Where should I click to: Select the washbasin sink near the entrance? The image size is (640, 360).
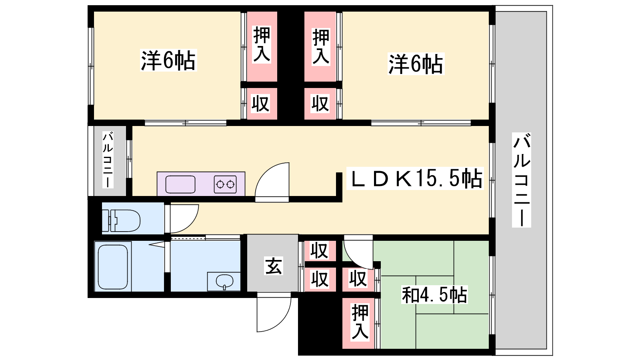tap(224, 282)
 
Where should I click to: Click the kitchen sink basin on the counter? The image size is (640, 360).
tap(180, 184)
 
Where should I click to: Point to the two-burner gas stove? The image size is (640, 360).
tap(225, 184)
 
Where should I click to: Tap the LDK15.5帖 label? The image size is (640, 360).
tap(415, 178)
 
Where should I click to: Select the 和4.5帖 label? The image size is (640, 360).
tap(434, 294)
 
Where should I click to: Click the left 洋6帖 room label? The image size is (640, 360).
tap(168, 60)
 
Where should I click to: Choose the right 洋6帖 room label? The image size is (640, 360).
tap(416, 64)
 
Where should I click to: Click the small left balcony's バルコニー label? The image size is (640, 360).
tap(108, 160)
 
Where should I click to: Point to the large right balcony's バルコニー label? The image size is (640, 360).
tap(522, 180)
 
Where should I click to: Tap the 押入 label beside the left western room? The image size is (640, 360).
tap(262, 44)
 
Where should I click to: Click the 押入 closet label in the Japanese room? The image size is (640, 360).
tap(360, 322)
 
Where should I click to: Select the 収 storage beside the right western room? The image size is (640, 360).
tap(320, 104)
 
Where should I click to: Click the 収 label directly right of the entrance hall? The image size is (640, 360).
tap(320, 250)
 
